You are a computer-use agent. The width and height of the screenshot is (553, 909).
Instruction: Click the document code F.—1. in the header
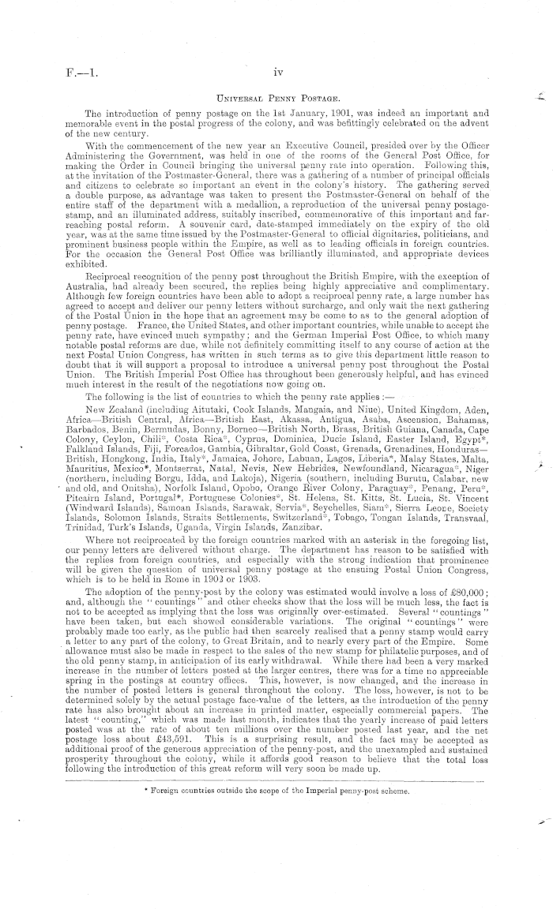(x=81, y=73)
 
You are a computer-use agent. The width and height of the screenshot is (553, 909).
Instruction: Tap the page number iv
(x=276, y=73)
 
